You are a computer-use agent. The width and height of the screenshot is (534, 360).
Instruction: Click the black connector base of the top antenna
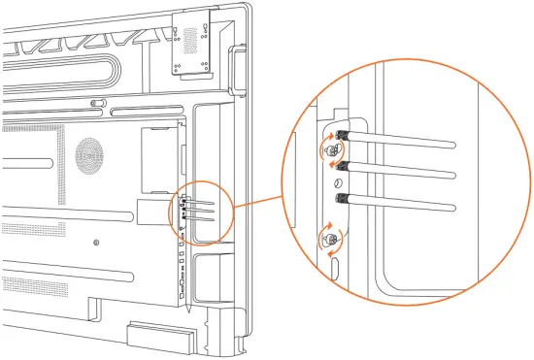[x=342, y=136]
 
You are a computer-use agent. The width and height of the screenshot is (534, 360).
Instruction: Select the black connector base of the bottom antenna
[x=342, y=198]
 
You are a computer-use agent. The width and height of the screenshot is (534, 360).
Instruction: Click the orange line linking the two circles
[x=257, y=205]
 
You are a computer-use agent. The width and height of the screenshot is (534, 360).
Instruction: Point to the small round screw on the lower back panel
[x=96, y=242]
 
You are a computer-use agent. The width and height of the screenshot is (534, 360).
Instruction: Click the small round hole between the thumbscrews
[x=337, y=183]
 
